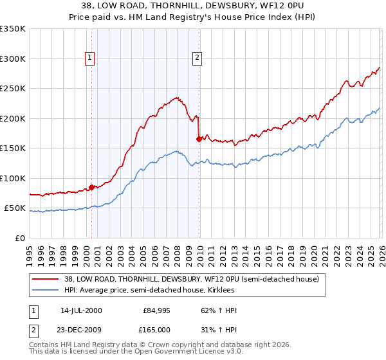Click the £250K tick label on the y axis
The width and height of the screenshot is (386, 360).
(x=13, y=89)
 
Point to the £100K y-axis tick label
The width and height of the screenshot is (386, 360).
(x=13, y=178)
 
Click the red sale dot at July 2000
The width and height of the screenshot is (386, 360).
(x=92, y=187)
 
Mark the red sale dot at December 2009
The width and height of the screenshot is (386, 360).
(x=199, y=139)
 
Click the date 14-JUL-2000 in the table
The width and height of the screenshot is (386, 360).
(x=81, y=310)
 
